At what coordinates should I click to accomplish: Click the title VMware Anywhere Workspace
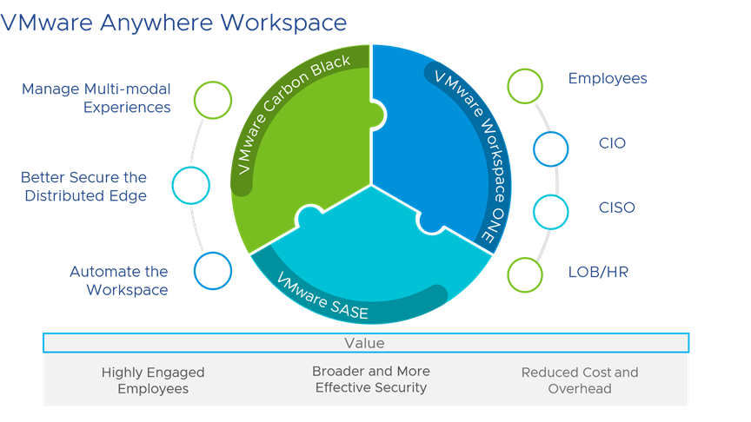[x=173, y=23]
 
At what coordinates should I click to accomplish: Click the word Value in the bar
[x=364, y=343]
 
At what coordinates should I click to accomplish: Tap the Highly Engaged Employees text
[x=153, y=380]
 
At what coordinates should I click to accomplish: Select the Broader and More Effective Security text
[x=371, y=379]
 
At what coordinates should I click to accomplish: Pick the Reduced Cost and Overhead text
[x=580, y=380]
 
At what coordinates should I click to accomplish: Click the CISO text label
[x=617, y=208]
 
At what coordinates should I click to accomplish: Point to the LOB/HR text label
[x=598, y=272]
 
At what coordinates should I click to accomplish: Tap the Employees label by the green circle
[x=608, y=78]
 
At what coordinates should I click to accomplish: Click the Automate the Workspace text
[x=119, y=280]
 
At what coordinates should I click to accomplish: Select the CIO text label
[x=612, y=143]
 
